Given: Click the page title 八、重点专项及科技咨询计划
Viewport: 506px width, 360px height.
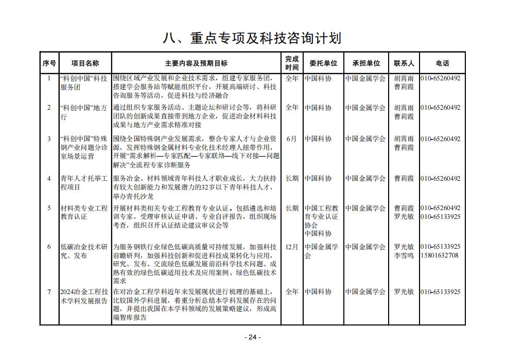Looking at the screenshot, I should [x=252, y=38].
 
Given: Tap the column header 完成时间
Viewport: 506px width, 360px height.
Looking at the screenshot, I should [x=292, y=63].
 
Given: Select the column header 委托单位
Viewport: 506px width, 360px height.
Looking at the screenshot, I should [x=323, y=63].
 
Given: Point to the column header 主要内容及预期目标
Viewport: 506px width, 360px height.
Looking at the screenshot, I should [x=196, y=63].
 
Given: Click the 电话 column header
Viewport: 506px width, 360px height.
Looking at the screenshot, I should [x=442, y=63].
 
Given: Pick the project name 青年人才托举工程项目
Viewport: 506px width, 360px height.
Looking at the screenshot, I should [x=84, y=183].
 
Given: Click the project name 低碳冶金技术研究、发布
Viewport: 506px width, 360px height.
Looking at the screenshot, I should [x=84, y=251].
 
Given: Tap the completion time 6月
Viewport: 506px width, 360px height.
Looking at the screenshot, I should [x=292, y=139].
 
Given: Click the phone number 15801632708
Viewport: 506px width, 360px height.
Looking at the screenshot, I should [x=440, y=255].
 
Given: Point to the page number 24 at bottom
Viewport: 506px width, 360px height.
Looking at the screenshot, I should [x=252, y=337].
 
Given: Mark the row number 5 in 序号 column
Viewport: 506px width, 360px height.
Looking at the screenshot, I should [x=49, y=208].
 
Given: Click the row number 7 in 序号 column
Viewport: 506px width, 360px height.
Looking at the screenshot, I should [x=49, y=292].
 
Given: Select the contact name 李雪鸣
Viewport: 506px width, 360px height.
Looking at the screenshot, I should [x=404, y=255].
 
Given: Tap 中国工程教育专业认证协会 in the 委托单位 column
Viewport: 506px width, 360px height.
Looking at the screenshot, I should [x=321, y=216].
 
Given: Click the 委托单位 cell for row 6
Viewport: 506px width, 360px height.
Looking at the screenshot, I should [x=321, y=251].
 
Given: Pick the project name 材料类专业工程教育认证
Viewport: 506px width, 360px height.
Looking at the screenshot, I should [x=84, y=212].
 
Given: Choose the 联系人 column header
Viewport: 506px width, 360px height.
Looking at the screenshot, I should [x=404, y=63].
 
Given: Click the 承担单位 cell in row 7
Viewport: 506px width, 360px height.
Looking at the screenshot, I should [x=365, y=292].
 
